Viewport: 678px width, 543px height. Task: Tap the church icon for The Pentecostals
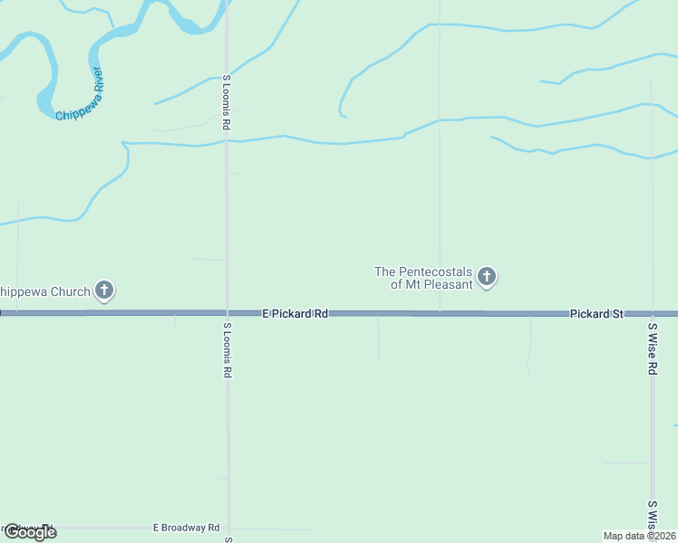pyautogui.click(x=487, y=277)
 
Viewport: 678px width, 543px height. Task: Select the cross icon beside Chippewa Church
pyautogui.click(x=104, y=291)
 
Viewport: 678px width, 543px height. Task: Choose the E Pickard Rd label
pyautogui.click(x=295, y=313)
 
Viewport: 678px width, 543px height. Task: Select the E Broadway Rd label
pyautogui.click(x=186, y=527)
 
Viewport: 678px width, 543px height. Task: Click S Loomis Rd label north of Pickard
pyautogui.click(x=227, y=102)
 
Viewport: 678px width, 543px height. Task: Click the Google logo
pyautogui.click(x=30, y=531)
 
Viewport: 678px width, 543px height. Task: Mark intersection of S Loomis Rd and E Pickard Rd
pyautogui.click(x=228, y=313)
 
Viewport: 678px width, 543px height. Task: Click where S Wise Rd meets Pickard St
pyautogui.click(x=652, y=313)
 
